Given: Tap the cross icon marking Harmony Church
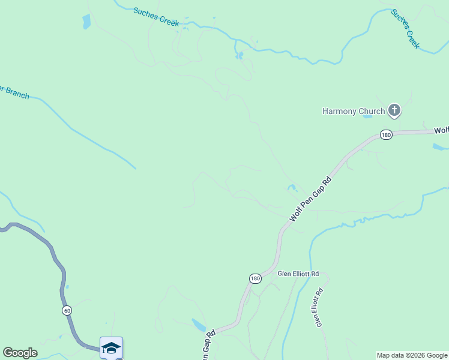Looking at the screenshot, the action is pos(394,110).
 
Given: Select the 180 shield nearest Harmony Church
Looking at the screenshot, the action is pos(385,135).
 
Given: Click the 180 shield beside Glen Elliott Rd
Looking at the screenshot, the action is pos(255,278).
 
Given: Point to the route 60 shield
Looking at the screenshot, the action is pos(66,310).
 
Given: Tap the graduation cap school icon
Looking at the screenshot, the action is pos(111,347).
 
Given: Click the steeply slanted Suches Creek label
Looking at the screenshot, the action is pos(405,28).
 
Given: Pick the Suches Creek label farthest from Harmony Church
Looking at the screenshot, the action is pos(156,16).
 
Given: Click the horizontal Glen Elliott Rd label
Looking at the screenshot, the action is pos(297,274).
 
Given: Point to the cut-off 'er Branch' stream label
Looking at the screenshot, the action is pos(13,92).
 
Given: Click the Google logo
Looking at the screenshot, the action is pos(20,353).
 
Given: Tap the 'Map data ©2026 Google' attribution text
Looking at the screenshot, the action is pos(412,356).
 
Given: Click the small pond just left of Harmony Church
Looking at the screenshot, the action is pos(367,116).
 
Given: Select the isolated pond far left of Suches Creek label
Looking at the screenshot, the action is pos(86,22).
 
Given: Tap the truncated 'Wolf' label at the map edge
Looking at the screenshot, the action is pos(442,130).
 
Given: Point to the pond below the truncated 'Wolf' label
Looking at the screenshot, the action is pos(440,146).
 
